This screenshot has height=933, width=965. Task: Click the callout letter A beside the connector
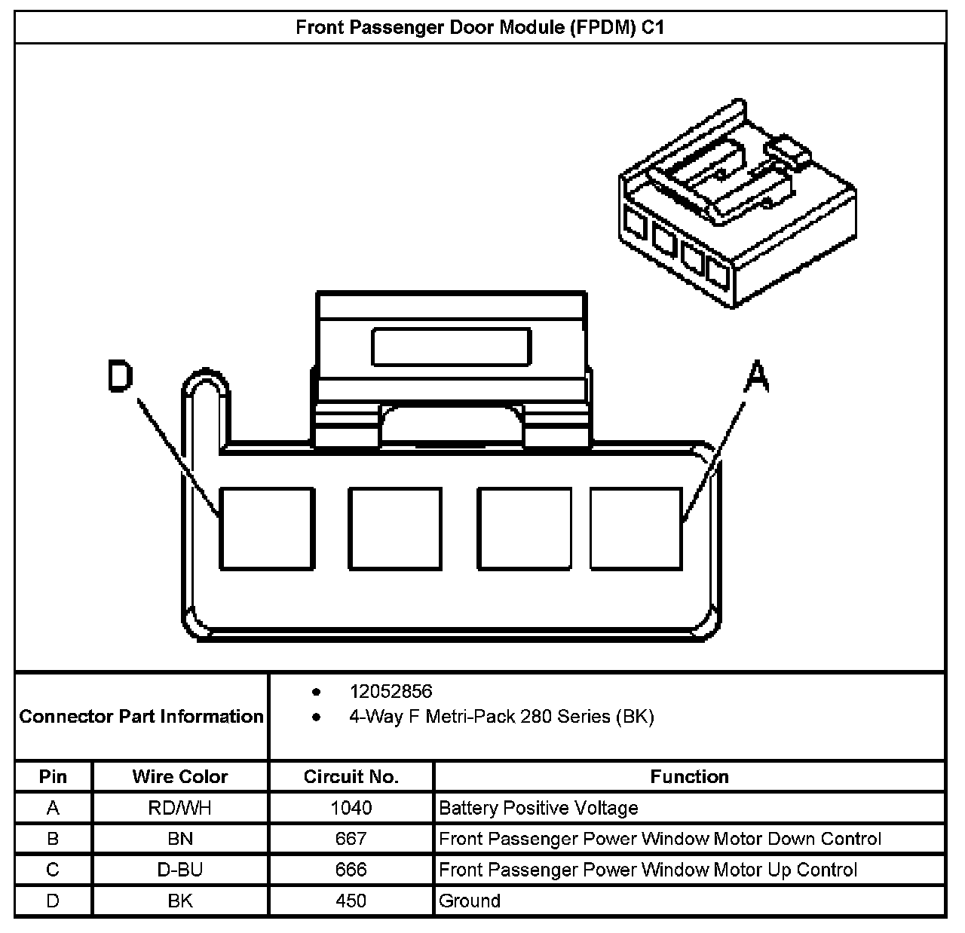pos(756,377)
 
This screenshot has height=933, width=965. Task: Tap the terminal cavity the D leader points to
pos(266,528)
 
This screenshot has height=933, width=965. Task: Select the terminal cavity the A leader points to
pos(636,528)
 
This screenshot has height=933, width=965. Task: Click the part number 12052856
pos(391,691)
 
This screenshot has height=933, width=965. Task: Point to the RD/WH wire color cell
pos(180,809)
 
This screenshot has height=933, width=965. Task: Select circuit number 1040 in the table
pos(351,809)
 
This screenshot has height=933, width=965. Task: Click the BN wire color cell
pos(180,839)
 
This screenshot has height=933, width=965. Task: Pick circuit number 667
pos(351,839)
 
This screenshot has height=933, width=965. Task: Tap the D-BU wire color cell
pos(180,870)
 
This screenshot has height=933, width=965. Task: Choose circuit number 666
pos(351,870)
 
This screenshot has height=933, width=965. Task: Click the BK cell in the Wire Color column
pos(180,901)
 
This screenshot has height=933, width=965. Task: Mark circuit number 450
pos(351,901)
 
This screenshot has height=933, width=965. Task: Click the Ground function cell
pos(470,901)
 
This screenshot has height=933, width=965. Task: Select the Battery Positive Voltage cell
pos(538,809)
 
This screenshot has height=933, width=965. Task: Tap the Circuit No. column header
pos(351,777)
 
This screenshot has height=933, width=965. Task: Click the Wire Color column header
pos(180,777)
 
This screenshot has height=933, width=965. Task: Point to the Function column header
pos(689,777)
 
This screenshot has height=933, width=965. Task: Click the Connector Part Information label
pos(142,716)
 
